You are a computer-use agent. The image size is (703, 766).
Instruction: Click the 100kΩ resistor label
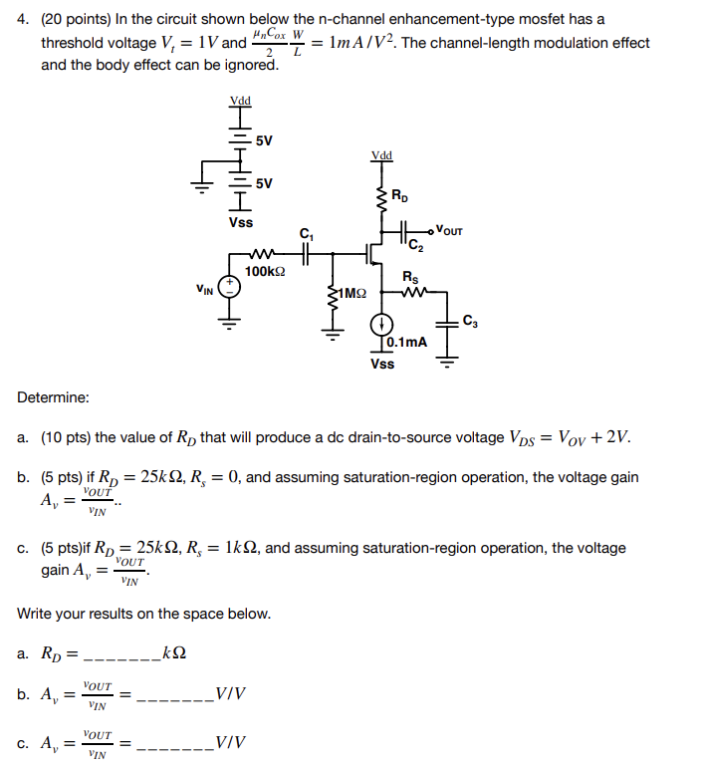point(265,271)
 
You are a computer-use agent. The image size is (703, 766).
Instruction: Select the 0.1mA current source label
point(408,342)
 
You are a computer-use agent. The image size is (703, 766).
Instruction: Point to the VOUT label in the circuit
point(449,231)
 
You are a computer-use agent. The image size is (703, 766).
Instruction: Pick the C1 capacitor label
point(306,234)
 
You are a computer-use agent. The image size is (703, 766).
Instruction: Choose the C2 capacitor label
point(414,247)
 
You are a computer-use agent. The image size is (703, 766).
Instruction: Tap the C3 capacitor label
point(471,321)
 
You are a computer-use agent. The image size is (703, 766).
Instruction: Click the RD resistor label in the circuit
point(398,194)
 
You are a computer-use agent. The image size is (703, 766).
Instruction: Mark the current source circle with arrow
point(380,325)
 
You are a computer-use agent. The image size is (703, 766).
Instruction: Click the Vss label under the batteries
point(240,222)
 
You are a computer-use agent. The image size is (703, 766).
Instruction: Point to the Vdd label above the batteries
point(240,101)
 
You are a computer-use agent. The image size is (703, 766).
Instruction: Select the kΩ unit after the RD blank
point(173,653)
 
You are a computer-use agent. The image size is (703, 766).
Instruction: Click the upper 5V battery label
point(264,140)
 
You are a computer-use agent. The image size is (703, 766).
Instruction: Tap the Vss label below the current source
point(382,364)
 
